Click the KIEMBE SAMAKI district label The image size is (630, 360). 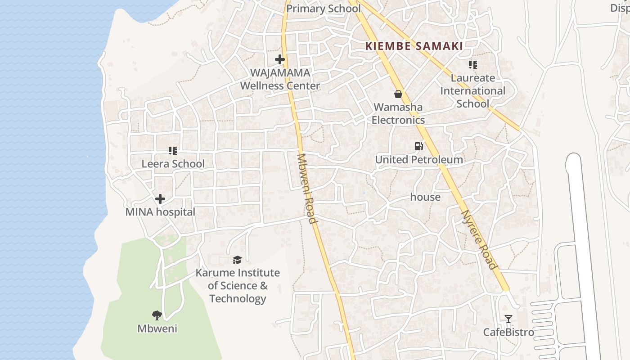414,46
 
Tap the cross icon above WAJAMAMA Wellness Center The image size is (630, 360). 280,59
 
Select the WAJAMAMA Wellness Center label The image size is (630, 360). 280,79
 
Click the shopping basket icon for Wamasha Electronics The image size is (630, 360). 398,94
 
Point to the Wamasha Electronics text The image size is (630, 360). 398,113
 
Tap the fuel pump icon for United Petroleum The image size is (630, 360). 418,146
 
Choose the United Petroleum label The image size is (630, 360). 418,160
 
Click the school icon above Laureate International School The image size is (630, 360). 472,65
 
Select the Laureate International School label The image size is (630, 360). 472,91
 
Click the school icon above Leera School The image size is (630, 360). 173,150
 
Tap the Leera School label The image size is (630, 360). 173,164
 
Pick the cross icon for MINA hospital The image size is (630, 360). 160,199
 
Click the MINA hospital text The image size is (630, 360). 160,212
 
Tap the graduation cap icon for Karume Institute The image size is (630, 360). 237,260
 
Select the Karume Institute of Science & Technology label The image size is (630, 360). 238,286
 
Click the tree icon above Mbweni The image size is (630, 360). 157,315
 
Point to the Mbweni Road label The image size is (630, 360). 307,189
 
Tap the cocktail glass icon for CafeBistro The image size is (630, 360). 508,319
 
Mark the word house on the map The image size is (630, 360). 425,197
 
